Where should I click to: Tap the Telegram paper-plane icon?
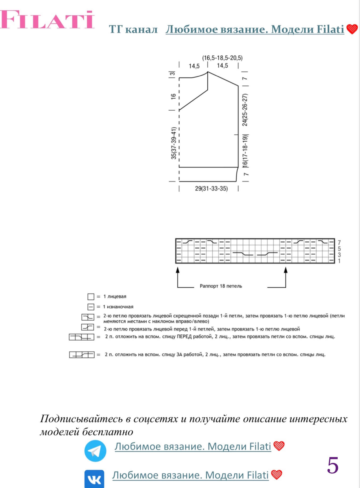coord(95,451)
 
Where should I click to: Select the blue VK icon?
coord(94,479)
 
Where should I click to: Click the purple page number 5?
coord(333,465)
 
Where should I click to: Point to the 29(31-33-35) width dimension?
coord(211,189)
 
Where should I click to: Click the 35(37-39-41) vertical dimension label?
coord(174,143)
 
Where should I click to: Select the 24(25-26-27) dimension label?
coord(245,110)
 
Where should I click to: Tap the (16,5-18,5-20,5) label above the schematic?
coord(222,58)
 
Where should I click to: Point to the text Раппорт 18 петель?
coord(221,286)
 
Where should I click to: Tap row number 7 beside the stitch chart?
coord(339,242)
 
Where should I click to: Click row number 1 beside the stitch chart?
coord(339,261)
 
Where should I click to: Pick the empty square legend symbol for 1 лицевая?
coord(91,296)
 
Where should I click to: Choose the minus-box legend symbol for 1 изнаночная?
coord(91,307)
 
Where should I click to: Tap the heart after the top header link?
coord(352,29)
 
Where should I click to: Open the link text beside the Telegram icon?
coord(192,446)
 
